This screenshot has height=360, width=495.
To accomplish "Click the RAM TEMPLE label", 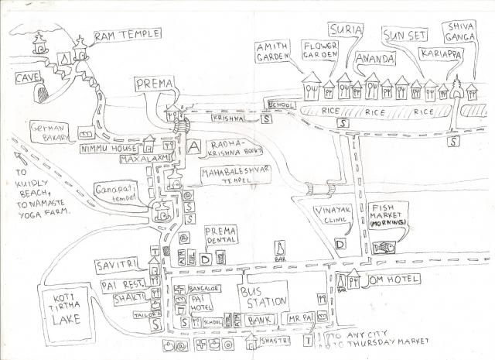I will (x=128, y=36).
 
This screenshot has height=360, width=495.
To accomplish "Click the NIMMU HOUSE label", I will (x=107, y=145).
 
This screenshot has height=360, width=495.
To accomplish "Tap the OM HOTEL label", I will (x=394, y=279).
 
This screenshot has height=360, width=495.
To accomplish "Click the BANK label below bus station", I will (x=260, y=318).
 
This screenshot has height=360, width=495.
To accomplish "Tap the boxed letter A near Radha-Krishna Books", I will (x=193, y=146).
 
